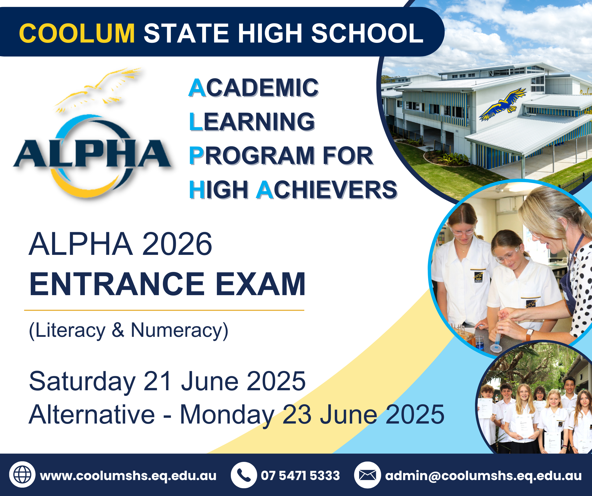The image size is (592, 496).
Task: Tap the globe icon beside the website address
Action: click(x=22, y=475)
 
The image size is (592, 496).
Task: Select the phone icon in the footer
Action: click(x=244, y=476)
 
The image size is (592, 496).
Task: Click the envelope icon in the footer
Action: click(x=367, y=476)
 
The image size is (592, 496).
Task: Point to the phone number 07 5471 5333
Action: click(x=300, y=476)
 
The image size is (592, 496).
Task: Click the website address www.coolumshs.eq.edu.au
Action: click(x=128, y=476)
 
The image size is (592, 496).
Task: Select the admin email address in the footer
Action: click(x=483, y=476)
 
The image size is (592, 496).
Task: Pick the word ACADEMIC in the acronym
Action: click(x=254, y=88)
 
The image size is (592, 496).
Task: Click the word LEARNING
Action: click(x=252, y=121)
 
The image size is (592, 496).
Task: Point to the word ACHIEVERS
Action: click(x=326, y=190)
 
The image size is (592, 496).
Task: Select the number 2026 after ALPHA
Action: click(x=177, y=244)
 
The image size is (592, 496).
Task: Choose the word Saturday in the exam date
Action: click(x=82, y=382)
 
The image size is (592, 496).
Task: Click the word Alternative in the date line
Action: click(x=92, y=415)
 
